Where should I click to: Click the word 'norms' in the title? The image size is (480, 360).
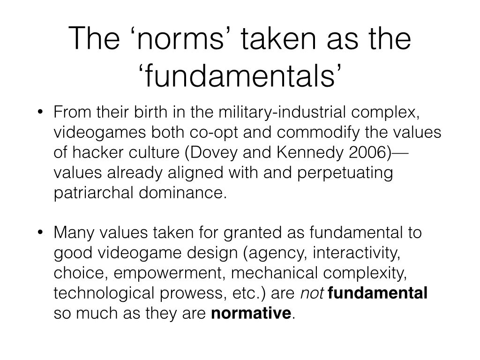pyautogui.click(x=181, y=39)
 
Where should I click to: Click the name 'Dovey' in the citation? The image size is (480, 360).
pyautogui.click(x=214, y=153)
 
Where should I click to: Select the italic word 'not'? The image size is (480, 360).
pyautogui.click(x=312, y=293)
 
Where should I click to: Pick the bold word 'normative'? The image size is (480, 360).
pyautogui.click(x=251, y=313)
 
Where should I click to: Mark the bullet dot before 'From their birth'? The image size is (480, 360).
pyautogui.click(x=40, y=112)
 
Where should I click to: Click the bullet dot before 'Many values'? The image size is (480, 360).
pyautogui.click(x=40, y=232)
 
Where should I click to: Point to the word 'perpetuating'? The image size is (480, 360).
pyautogui.click(x=345, y=173)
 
